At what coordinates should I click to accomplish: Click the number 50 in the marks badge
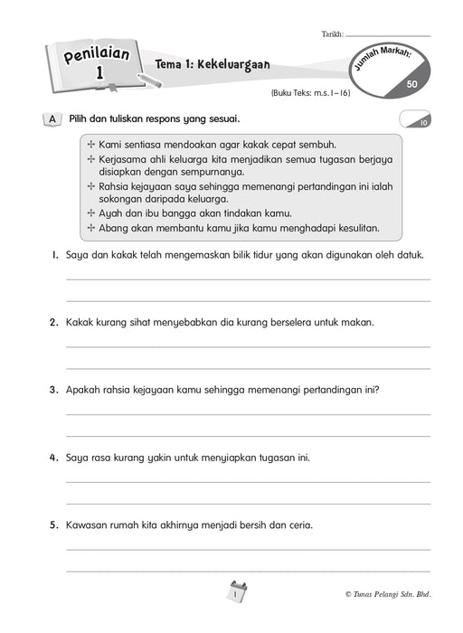click(412, 83)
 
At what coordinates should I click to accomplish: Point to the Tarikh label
click(332, 33)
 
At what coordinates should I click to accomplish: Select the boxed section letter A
click(52, 119)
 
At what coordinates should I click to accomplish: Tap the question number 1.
click(54, 256)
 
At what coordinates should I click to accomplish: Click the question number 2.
click(54, 322)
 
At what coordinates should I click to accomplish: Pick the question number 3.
click(54, 390)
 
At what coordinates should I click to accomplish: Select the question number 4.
click(54, 458)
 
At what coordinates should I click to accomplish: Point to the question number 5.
click(54, 524)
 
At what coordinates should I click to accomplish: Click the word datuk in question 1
click(411, 256)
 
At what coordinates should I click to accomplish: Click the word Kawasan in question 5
click(89, 524)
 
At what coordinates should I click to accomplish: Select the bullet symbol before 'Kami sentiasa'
click(90, 145)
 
